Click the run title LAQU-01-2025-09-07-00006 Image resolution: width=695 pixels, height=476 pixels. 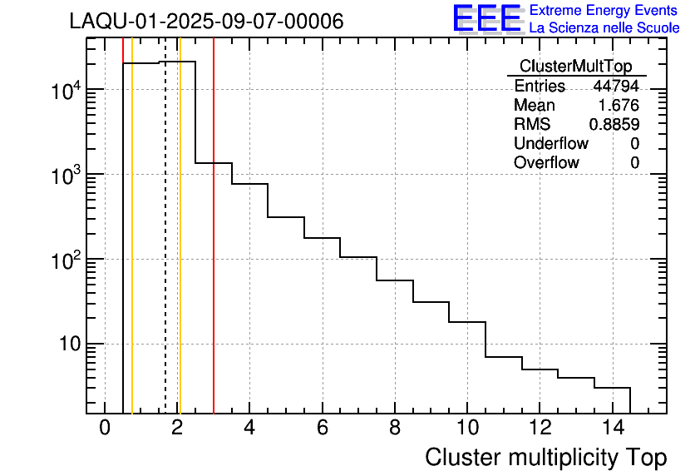coord(206,22)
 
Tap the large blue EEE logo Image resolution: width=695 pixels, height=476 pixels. coord(487,18)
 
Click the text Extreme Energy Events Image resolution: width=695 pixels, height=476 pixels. coord(604,11)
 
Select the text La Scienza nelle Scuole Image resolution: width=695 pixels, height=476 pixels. coord(604,27)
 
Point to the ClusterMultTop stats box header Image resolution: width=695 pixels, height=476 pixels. coord(575,67)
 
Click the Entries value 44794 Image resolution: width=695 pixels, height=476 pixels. coord(616,87)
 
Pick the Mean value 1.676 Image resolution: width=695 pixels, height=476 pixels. coord(619,106)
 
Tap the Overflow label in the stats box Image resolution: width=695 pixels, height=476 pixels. coord(546,163)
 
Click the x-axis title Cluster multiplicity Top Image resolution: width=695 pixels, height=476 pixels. coord(545,458)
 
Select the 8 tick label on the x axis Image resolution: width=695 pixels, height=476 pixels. coord(394,429)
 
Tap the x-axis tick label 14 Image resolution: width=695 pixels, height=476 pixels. coord(611,429)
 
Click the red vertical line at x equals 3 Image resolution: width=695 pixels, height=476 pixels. coord(214,250)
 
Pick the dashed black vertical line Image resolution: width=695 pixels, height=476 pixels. coord(165,250)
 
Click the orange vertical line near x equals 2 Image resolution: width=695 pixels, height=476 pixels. coord(180,250)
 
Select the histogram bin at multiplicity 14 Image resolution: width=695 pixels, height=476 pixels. coord(612,399)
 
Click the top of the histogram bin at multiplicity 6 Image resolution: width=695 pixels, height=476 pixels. coord(322,238)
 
